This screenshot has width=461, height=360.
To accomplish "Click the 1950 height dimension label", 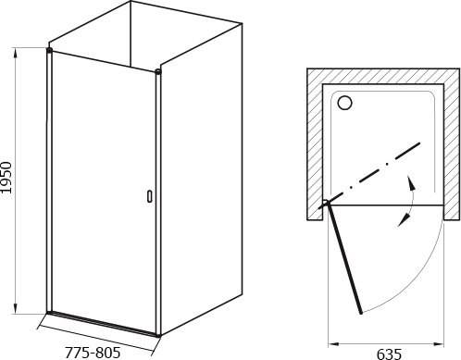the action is (x=6, y=178).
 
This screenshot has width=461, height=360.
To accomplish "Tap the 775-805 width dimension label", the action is (x=93, y=352).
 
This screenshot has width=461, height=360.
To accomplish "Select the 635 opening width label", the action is (x=390, y=354).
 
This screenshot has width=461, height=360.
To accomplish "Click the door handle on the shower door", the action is (x=150, y=196).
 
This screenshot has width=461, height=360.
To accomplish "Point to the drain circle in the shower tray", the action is (x=344, y=103).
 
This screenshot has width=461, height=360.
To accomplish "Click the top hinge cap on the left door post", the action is (x=49, y=49).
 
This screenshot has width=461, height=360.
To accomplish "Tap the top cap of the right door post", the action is (x=158, y=72).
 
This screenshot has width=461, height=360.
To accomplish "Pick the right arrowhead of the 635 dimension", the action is (x=438, y=343).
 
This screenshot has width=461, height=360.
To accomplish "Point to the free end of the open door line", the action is (x=361, y=313).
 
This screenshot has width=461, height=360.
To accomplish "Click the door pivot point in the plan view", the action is (x=325, y=203).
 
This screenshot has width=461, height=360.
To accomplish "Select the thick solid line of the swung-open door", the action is (x=344, y=258).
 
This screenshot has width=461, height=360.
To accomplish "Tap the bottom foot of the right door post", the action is (x=158, y=334).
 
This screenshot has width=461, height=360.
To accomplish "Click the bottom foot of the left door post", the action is (x=49, y=313).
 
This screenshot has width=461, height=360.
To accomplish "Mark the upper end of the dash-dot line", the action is (x=419, y=143).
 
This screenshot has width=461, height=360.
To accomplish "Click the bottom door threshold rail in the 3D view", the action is (x=103, y=323).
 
